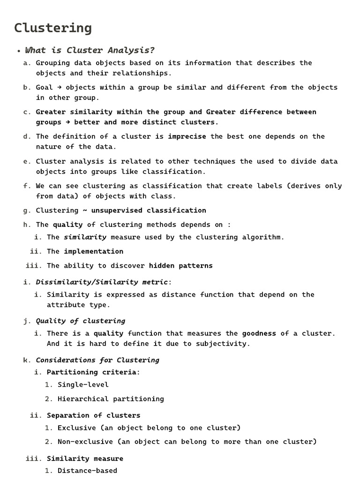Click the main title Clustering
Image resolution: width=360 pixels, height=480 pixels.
tap(52, 28)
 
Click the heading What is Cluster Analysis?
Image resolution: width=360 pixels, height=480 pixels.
tap(90, 50)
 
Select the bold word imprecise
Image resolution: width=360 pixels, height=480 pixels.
tap(187, 136)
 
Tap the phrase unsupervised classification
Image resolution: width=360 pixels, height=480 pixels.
tap(149, 210)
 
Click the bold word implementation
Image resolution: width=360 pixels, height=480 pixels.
tap(93, 251)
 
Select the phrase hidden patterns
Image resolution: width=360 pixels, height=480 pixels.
tap(180, 266)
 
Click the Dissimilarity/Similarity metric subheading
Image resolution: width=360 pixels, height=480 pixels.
tap(103, 282)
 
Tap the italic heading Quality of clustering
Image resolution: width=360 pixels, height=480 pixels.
tap(81, 321)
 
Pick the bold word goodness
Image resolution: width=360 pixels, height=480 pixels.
tap(259, 334)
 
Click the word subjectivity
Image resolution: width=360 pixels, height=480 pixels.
tap(223, 344)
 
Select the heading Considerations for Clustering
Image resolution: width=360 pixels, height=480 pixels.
tap(97, 360)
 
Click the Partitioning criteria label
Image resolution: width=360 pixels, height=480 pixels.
tap(92, 372)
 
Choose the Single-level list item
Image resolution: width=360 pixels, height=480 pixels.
tap(83, 385)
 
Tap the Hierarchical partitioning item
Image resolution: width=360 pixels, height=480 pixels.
tap(111, 399)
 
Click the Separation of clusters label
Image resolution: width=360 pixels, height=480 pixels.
tap(93, 415)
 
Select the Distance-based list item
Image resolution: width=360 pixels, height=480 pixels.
tap(87, 470)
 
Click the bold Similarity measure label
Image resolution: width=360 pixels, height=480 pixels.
tap(85, 458)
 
